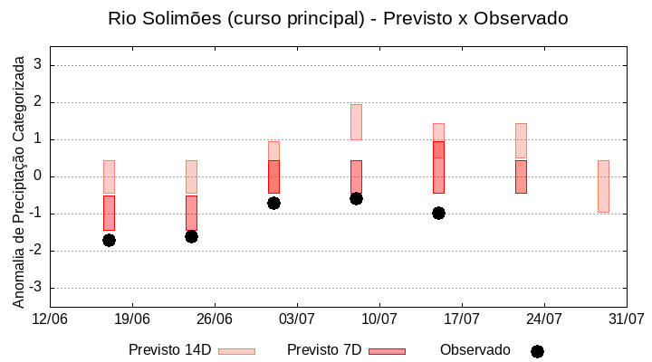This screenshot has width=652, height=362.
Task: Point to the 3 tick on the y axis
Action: [x=38, y=65]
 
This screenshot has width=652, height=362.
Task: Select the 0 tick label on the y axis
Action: [x=38, y=176]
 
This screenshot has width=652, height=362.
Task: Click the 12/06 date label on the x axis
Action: [x=50, y=319]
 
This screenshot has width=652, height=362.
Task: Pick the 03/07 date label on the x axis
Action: [x=297, y=319]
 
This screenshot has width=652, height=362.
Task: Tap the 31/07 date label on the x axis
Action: [x=626, y=319]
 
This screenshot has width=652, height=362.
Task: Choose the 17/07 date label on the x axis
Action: [x=462, y=319]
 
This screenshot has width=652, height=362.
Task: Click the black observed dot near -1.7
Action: [x=109, y=240]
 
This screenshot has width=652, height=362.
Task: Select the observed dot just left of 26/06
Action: [x=191, y=236]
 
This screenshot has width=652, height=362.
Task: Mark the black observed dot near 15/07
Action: [x=438, y=213]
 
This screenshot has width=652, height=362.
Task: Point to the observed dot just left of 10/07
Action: [x=356, y=198]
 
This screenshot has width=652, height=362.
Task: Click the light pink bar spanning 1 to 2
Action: [x=356, y=121]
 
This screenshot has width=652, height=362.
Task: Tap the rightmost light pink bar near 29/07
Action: [x=603, y=186]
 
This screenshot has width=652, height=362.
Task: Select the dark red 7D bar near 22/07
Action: [x=521, y=176]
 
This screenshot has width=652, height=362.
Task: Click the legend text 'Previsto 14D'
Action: [x=170, y=350]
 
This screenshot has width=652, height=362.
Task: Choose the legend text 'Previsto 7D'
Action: [x=324, y=350]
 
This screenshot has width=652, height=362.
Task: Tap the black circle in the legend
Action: [x=537, y=351]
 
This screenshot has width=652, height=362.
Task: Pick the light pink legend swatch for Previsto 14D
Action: [x=236, y=351]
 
